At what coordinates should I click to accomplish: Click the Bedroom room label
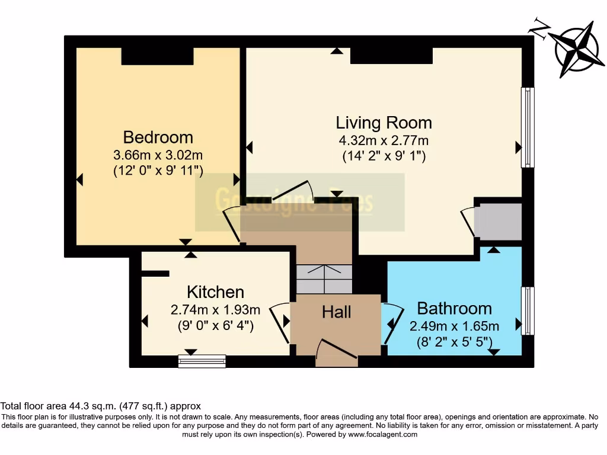click(158, 137)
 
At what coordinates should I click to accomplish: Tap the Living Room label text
click(384, 123)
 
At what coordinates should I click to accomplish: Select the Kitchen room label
click(215, 292)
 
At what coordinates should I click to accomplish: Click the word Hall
click(337, 312)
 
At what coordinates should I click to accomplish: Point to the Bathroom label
click(454, 309)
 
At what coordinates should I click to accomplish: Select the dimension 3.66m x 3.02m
click(158, 155)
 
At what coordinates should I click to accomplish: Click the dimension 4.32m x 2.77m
click(384, 141)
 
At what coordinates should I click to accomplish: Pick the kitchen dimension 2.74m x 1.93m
click(215, 310)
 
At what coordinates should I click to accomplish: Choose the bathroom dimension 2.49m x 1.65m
click(454, 326)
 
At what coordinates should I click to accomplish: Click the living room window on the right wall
click(527, 127)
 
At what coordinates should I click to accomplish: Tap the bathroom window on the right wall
click(527, 311)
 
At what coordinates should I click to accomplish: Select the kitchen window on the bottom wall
click(202, 361)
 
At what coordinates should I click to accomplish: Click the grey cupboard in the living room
click(499, 222)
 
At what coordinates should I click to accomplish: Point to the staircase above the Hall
click(324, 278)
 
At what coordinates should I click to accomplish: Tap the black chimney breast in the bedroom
click(157, 56)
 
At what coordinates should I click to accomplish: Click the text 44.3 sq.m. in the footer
click(91, 406)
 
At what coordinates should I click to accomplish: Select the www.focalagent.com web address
click(382, 434)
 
